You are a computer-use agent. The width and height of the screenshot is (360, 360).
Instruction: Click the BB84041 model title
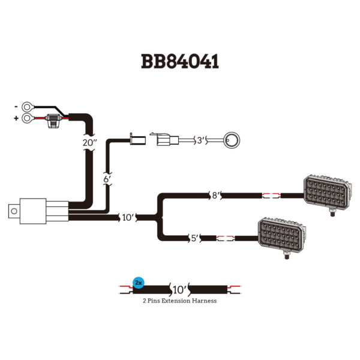pyautogui.click(x=179, y=62)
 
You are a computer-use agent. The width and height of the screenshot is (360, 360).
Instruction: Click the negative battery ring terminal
pyautogui.click(x=27, y=107)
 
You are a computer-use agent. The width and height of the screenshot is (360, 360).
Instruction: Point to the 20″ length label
pyautogui.click(x=89, y=144)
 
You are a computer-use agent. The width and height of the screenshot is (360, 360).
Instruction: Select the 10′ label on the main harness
pyautogui.click(x=128, y=217)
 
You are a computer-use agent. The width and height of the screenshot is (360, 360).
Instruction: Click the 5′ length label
pyautogui.click(x=194, y=238)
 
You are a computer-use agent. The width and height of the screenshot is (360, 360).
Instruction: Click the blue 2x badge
pyautogui.click(x=138, y=281)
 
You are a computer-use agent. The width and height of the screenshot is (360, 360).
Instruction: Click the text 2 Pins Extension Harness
pyautogui.click(x=179, y=301)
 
